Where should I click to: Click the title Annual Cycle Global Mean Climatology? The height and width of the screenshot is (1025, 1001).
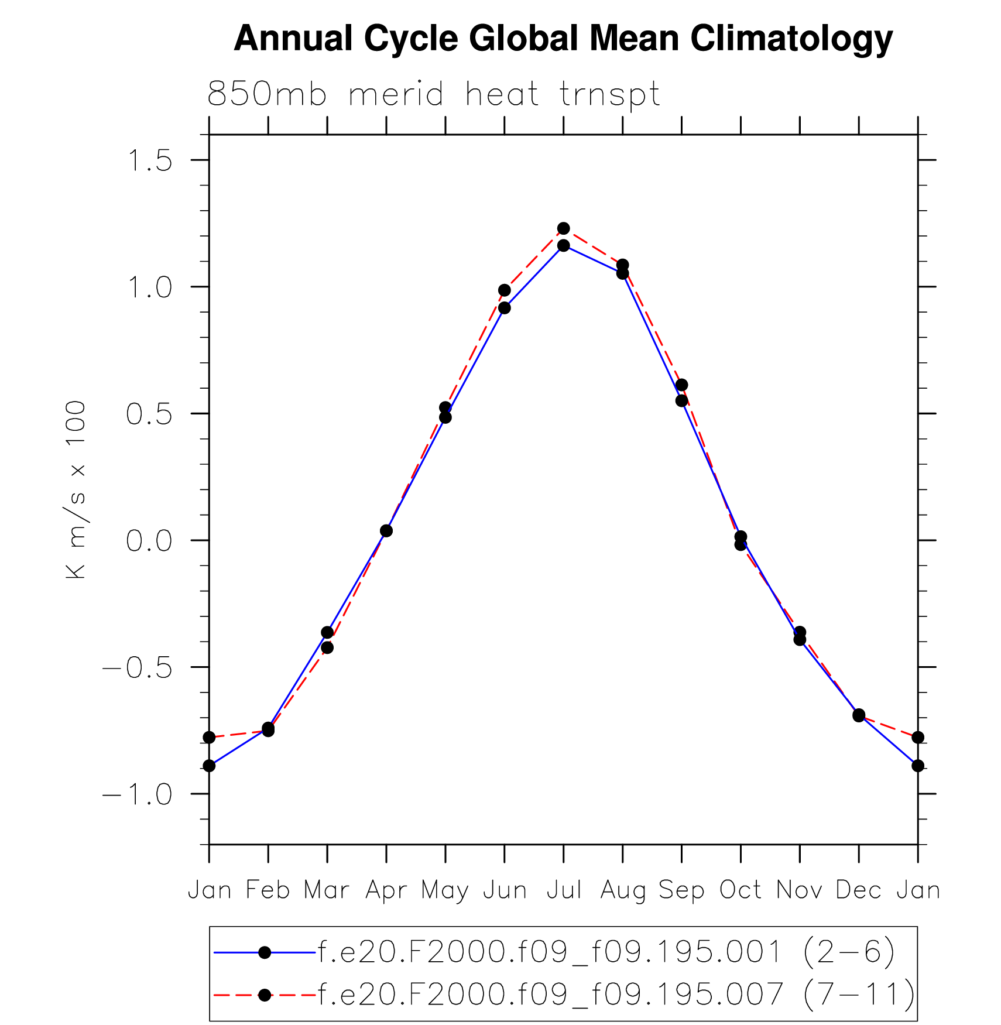563,39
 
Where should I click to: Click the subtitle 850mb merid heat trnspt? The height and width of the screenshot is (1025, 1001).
434,94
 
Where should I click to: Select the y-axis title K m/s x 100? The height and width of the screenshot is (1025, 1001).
76,490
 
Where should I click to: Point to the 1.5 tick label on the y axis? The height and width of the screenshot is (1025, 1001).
150,160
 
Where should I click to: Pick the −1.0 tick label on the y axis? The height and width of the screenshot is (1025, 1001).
138,794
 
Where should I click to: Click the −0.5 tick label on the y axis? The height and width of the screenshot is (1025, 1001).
138,667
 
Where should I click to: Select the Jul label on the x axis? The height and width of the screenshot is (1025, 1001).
564,890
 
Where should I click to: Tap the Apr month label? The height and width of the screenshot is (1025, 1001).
386,890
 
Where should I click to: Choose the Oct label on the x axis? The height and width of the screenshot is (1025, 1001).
741,890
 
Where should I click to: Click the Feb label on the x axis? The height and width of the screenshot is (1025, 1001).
268,890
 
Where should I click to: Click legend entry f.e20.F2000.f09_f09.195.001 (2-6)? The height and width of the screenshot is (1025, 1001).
606,952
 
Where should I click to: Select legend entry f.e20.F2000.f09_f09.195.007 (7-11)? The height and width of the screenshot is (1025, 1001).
616,994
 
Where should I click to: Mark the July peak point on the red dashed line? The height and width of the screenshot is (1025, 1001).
564,228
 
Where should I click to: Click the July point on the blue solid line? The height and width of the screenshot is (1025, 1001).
564,245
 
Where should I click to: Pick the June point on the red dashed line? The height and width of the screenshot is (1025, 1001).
505,290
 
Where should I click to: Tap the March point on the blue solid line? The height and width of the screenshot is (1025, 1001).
327,633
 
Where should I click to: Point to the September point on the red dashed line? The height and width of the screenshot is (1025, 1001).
681,385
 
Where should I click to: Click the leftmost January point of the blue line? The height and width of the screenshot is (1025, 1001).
209,766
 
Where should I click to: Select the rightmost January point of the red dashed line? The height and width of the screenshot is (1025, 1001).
918,737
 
